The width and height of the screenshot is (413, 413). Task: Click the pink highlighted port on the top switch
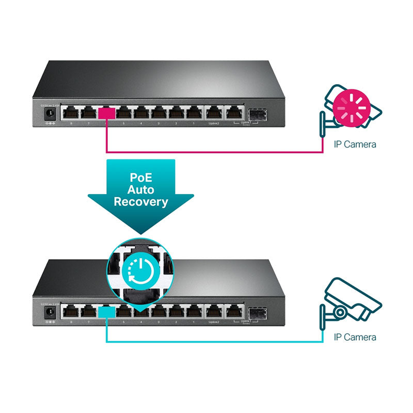(x=106, y=113)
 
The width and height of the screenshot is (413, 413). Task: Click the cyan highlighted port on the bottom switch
(x=106, y=311)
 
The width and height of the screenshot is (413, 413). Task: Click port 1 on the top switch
(x=195, y=113)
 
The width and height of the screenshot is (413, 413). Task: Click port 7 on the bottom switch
(x=88, y=311)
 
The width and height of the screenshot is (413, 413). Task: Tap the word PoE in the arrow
(x=140, y=177)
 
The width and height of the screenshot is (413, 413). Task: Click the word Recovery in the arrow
(x=140, y=202)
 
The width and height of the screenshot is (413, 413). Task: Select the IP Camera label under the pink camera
(x=355, y=144)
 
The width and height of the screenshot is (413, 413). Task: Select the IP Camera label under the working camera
(x=355, y=337)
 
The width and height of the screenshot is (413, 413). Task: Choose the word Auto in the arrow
(x=140, y=189)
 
